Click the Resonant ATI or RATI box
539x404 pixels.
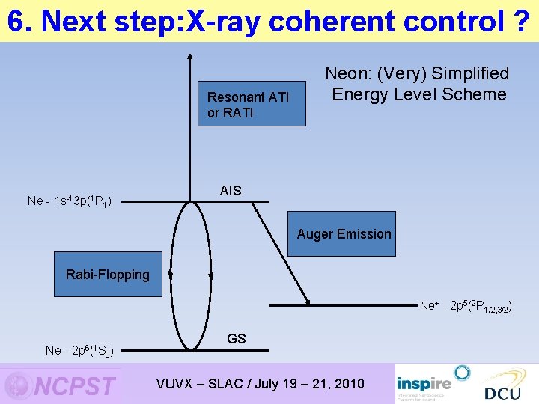tap(252, 103)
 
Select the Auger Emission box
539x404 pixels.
tap(344, 234)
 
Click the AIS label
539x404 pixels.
tap(231, 191)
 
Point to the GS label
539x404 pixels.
tap(236, 339)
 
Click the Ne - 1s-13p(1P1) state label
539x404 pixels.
tap(70, 201)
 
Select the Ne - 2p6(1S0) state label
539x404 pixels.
tap(79, 351)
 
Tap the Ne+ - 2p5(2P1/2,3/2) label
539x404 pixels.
tap(465, 306)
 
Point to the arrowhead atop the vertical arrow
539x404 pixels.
tap(190, 55)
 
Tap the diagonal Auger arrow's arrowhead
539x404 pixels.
tap(308, 301)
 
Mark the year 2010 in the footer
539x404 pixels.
tap(349, 384)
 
